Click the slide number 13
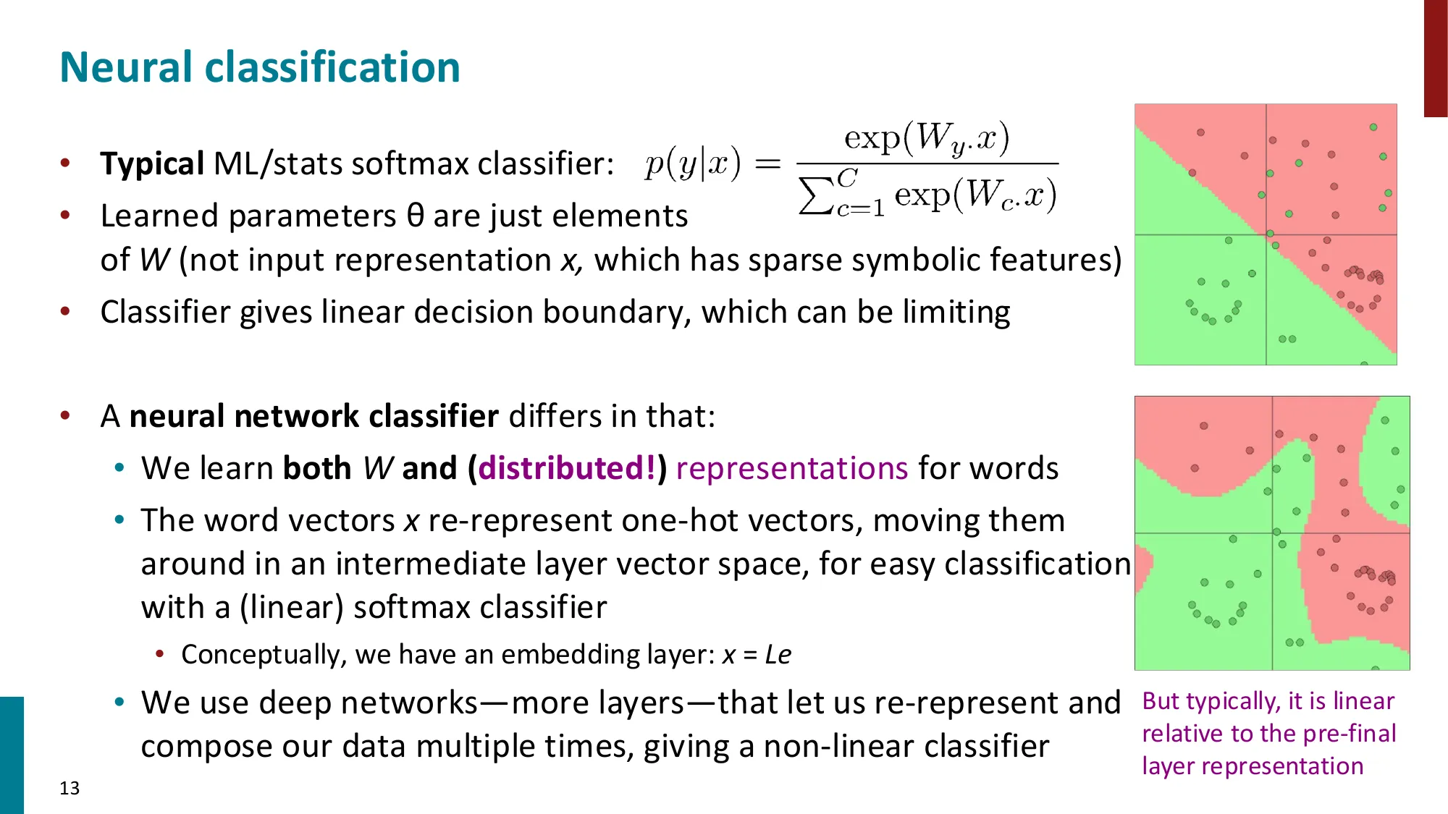tap(70, 788)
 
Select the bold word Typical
tap(152, 164)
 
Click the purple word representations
tap(791, 468)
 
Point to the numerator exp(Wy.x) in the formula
tap(927, 137)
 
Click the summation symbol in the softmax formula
tap(815, 196)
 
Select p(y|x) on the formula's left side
tap(693, 164)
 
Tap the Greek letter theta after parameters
tap(415, 216)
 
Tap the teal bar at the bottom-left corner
tap(12, 755)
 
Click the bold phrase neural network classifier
tap(313, 416)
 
